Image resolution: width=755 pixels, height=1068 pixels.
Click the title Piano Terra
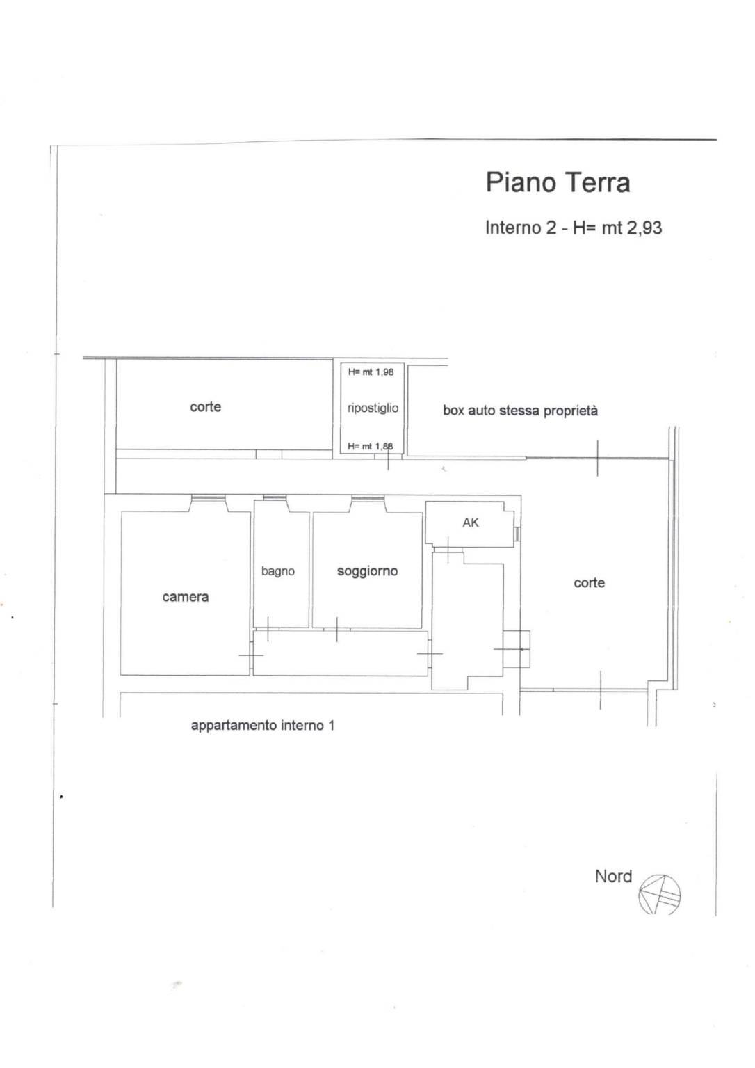coord(558,182)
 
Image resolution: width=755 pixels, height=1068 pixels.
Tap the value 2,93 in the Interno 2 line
coord(644,228)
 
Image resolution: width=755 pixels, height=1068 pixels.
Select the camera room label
coord(186,597)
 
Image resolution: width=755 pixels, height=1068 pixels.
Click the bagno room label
coord(277,572)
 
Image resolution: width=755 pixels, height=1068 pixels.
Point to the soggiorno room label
coord(367,571)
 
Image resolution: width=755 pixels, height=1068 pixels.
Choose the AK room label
coord(471,523)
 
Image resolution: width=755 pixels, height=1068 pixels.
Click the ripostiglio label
coord(373,408)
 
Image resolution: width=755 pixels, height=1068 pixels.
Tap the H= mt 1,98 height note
coord(371,372)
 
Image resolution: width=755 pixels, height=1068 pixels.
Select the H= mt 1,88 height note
coord(370,446)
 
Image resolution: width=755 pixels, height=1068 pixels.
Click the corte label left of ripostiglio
coord(205,407)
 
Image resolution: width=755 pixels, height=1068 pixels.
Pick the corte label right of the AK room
coord(590,582)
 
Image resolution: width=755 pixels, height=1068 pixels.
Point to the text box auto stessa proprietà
coord(520,411)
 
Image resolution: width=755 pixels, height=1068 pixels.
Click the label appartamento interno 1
coord(263,725)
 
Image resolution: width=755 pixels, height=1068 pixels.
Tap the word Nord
coord(614,877)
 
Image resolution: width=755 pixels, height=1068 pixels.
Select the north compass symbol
coord(659,894)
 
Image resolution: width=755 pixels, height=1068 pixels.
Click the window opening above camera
coord(208,498)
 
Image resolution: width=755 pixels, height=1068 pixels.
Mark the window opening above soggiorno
coord(368,498)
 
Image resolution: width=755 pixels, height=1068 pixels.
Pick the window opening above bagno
coord(275,498)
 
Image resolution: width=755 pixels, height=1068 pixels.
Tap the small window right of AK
coord(518,534)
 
